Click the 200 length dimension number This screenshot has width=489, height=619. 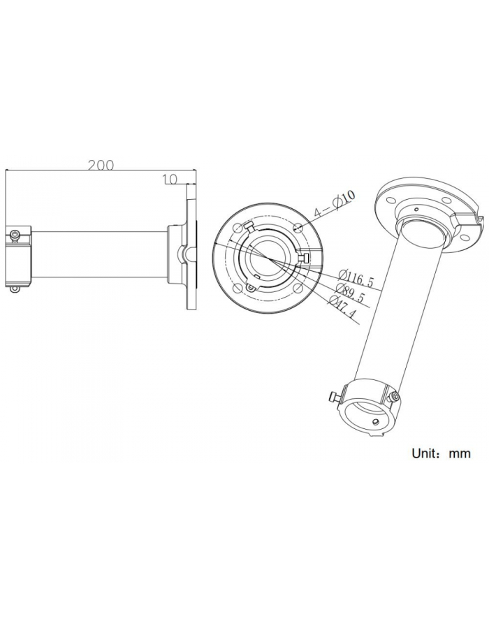101,166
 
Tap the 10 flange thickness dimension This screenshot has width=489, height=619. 168,180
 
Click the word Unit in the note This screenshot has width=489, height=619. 426,453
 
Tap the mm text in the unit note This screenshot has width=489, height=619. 459,453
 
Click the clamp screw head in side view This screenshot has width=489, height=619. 14,235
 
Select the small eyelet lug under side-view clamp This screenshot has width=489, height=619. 14,288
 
